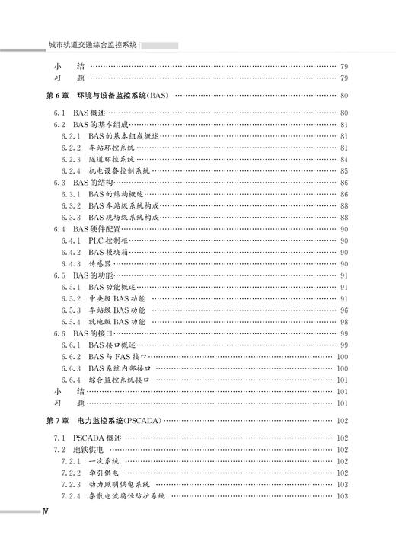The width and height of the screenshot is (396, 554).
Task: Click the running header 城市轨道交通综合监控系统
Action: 92,45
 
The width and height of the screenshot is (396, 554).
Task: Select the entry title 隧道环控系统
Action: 111,160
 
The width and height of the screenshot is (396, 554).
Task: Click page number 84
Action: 344,160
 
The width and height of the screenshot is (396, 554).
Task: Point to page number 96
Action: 344,310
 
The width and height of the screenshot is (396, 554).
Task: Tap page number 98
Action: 344,322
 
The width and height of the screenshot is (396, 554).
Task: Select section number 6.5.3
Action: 70,310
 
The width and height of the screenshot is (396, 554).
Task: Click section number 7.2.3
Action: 70,485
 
